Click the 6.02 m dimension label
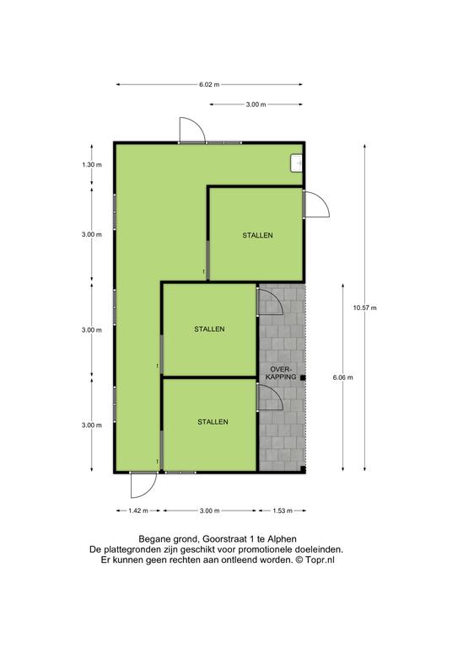point(209,84)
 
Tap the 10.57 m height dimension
point(364,307)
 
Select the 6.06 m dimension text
point(342,377)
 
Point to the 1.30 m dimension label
point(92,164)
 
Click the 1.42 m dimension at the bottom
point(138,511)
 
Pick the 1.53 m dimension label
point(283,511)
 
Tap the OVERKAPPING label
point(281,372)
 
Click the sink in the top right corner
point(297,163)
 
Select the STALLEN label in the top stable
point(258,235)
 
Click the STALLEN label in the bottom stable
point(213,422)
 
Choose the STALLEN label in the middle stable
point(209,329)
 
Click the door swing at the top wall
point(192,130)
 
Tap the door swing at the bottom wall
point(143,485)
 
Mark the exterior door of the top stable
point(316,203)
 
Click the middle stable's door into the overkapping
point(270,302)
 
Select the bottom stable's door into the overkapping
point(270,397)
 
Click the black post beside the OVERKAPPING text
point(303,377)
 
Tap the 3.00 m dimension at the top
point(256,104)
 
